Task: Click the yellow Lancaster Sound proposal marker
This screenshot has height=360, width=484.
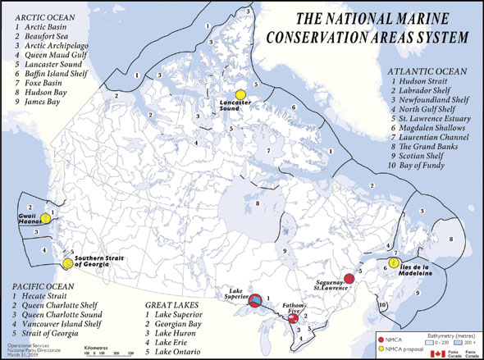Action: pyautogui.click(x=240, y=94)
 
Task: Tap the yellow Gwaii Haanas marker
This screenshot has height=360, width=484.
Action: pyautogui.click(x=46, y=219)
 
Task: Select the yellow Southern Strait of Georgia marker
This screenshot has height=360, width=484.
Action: pyautogui.click(x=66, y=264)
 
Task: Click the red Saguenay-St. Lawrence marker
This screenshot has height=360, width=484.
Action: pyautogui.click(x=349, y=278)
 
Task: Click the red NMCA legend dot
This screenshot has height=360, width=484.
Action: pyautogui.click(x=379, y=339)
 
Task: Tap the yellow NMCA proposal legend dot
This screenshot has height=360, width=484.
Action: pyautogui.click(x=379, y=348)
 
